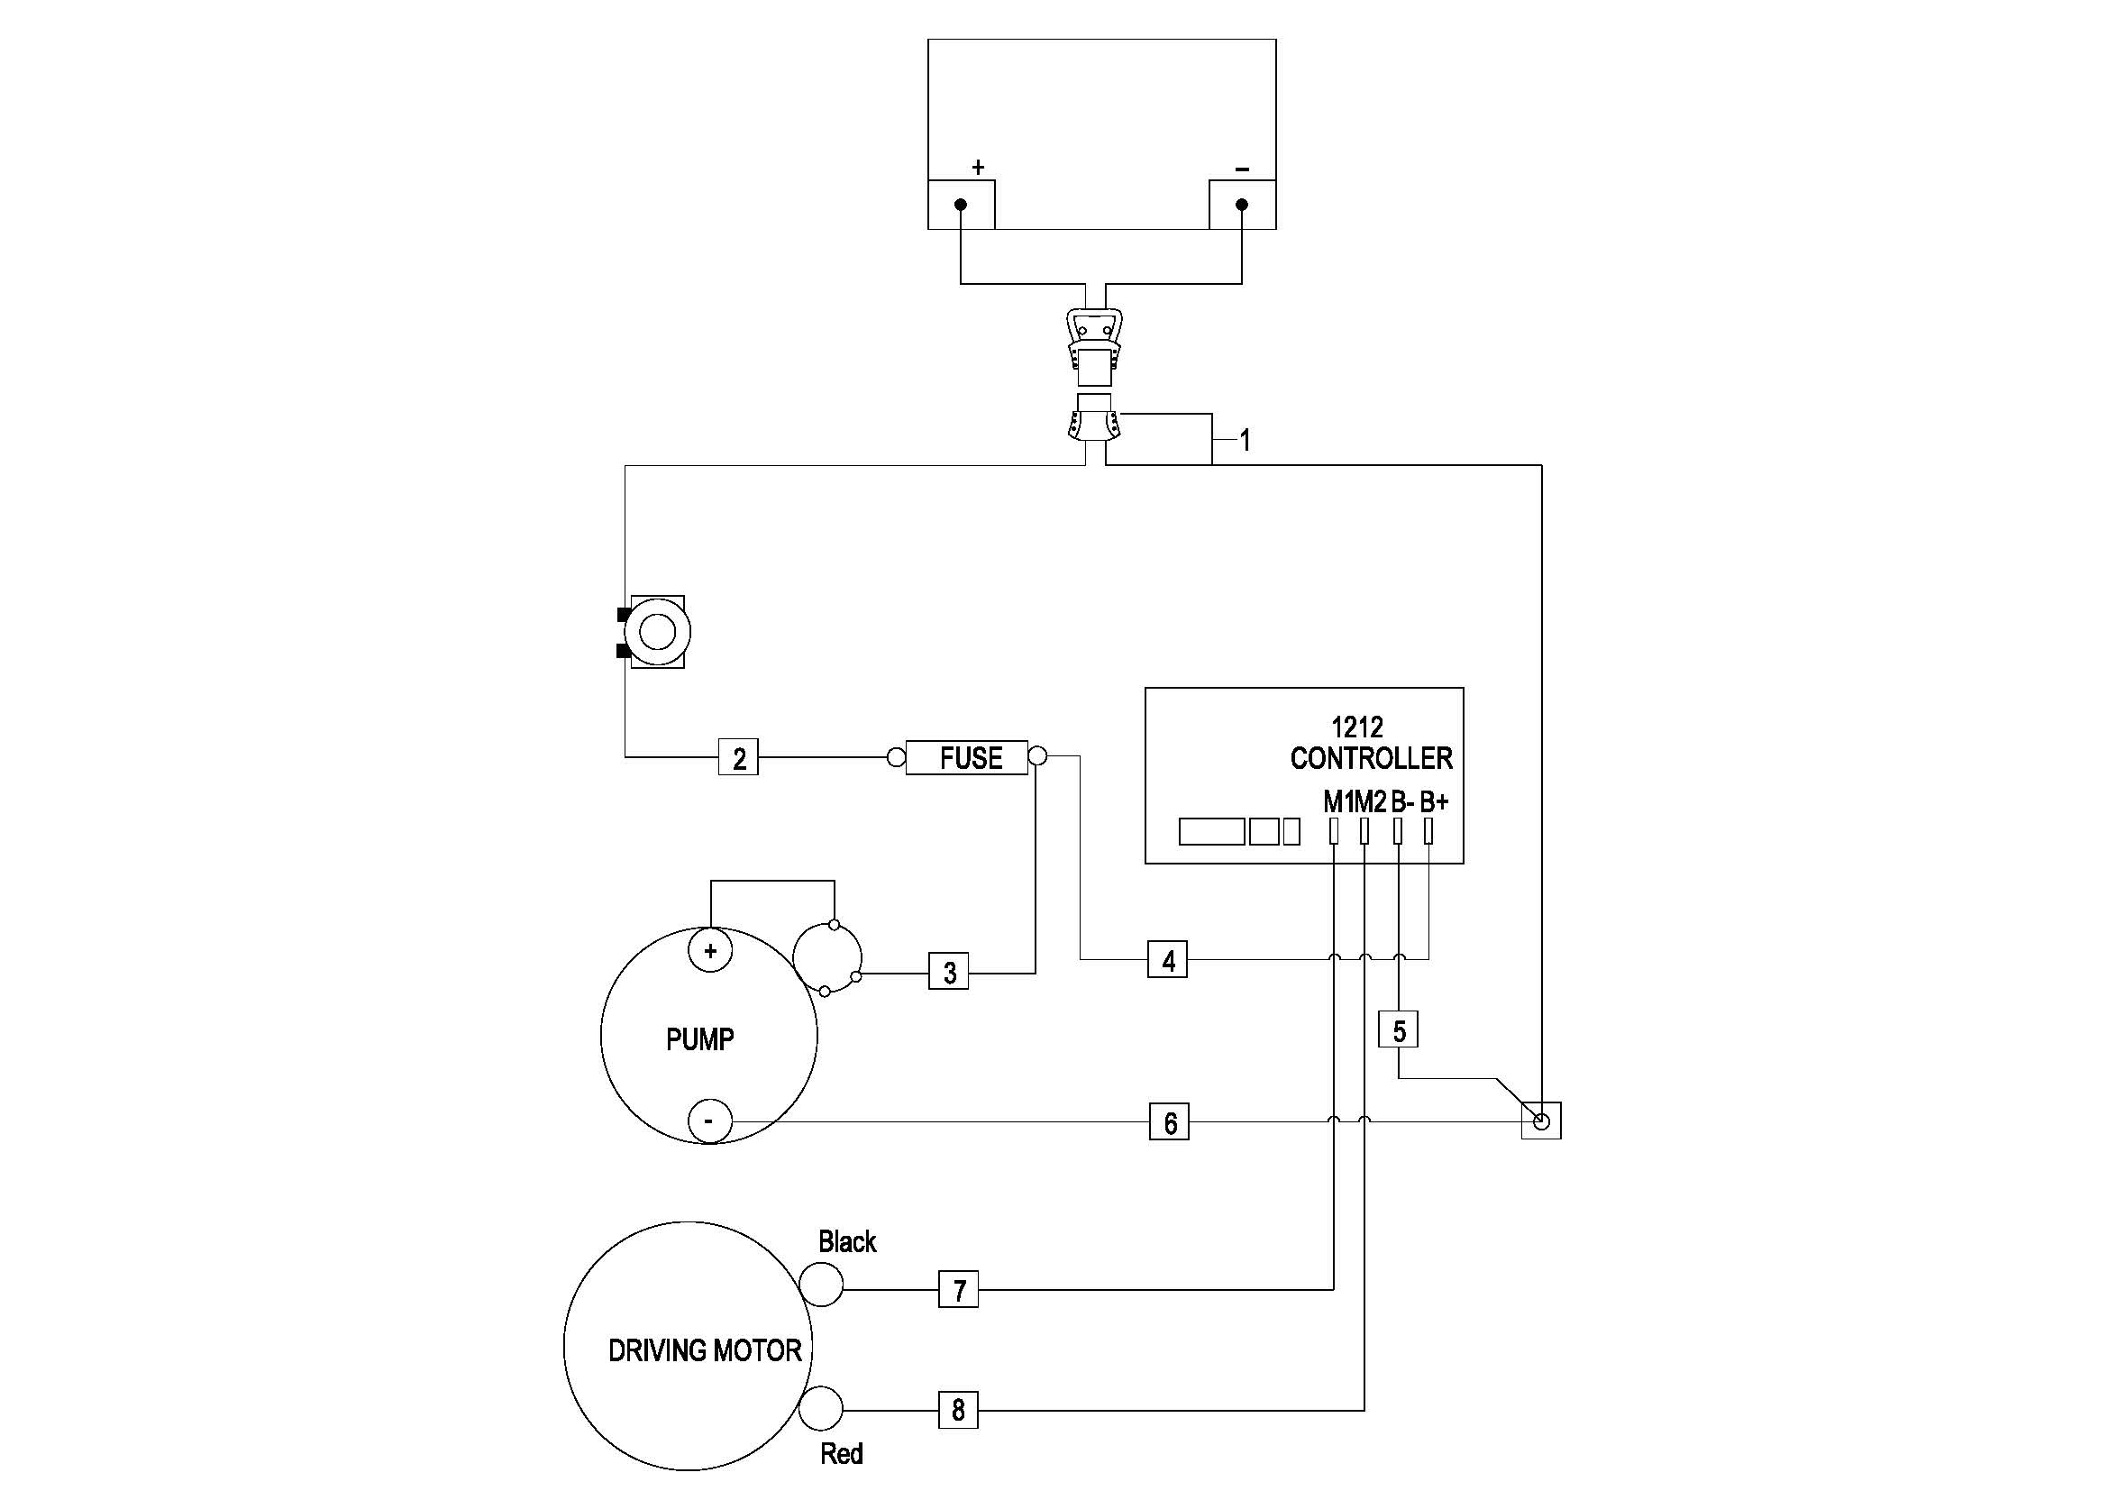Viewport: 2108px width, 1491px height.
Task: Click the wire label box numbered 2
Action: tap(738, 757)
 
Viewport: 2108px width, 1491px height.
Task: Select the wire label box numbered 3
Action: tap(948, 972)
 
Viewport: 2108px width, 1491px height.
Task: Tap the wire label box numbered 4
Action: tap(1167, 960)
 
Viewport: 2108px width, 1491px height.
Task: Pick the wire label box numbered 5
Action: tap(1399, 1030)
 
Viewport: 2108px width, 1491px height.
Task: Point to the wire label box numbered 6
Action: tap(1169, 1122)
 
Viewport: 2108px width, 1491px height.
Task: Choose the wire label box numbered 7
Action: tap(959, 1289)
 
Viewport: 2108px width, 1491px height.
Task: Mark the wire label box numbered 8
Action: tap(958, 1409)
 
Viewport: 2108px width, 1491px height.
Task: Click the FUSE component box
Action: tap(967, 757)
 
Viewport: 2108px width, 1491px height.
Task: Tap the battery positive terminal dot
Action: tap(961, 204)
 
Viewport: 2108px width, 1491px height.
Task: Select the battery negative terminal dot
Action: tap(1242, 204)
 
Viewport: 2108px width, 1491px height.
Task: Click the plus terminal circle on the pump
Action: tap(709, 950)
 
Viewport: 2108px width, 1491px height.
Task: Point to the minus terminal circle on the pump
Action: tap(709, 1121)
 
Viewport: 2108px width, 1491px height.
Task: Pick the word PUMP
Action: tap(699, 1039)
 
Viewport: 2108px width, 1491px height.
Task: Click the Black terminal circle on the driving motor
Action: tap(821, 1284)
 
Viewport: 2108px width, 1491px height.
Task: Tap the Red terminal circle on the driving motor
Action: tap(821, 1408)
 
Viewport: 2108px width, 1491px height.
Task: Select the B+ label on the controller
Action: tap(1433, 801)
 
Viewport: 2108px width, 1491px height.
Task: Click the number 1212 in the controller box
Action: tap(1356, 727)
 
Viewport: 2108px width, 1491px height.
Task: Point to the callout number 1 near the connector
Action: tap(1245, 441)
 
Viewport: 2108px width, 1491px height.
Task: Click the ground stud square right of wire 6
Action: tap(1541, 1121)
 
